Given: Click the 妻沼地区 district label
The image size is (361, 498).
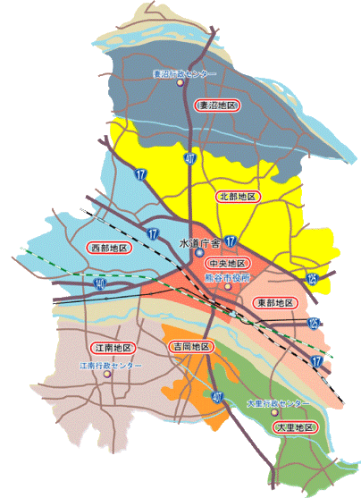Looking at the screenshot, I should [x=219, y=106].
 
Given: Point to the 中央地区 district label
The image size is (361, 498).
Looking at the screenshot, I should [x=227, y=264].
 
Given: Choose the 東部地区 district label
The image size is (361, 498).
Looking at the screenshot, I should [x=274, y=302].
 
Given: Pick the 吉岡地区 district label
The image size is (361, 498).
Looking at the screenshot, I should [x=190, y=345].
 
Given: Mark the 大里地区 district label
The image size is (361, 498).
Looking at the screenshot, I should [x=295, y=428].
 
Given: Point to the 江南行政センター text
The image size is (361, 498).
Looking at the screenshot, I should [x=111, y=365].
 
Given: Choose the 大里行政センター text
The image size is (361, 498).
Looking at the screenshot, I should [x=278, y=403].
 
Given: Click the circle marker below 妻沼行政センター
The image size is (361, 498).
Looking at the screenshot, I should [x=180, y=84].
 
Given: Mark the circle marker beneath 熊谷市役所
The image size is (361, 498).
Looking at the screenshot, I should [x=228, y=287].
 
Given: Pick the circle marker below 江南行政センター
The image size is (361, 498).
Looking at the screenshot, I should [x=108, y=375].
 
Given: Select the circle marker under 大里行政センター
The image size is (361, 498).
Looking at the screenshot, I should [x=274, y=412].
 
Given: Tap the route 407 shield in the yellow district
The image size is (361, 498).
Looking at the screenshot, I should [x=189, y=159].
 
